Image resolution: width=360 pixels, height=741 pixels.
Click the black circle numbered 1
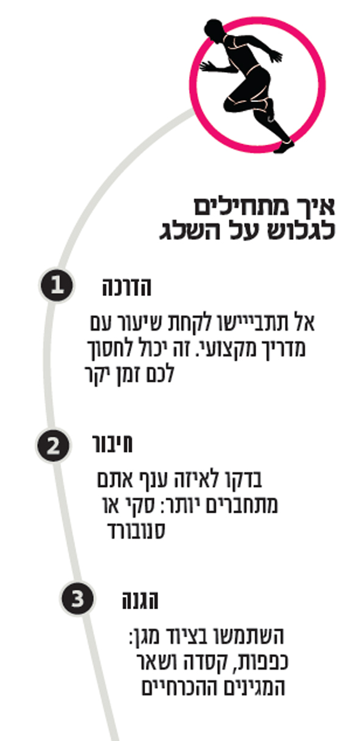57,285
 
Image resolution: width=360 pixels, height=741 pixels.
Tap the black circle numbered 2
53,446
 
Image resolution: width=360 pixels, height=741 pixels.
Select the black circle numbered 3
77,598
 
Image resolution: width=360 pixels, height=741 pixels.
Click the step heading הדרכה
127,287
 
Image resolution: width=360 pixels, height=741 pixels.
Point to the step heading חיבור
112,444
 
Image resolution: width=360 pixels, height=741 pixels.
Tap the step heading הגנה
140,601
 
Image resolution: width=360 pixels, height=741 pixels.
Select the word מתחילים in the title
242,207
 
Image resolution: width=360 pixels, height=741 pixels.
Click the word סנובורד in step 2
136,530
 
